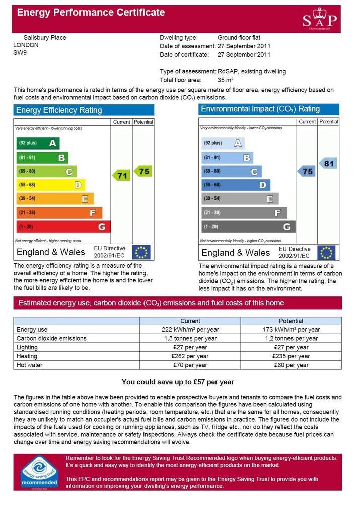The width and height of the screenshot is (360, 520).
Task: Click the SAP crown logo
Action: [320, 19]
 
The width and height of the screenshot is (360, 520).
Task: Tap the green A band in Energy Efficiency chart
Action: [38, 143]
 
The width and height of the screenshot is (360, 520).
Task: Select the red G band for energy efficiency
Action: [63, 227]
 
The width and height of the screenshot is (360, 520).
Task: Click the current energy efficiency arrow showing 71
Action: [121, 176]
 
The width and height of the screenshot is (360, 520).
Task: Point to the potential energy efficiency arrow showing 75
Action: [143, 172]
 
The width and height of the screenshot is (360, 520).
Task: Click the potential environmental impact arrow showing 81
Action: [328, 163]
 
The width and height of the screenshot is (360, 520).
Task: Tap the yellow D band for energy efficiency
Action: [51, 185]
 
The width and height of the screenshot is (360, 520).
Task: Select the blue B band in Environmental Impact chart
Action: [227, 157]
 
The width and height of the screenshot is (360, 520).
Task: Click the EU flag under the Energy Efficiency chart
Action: [141, 252]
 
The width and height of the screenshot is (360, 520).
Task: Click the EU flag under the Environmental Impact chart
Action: [326, 253]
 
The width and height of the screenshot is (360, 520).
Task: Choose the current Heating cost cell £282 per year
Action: [190, 356]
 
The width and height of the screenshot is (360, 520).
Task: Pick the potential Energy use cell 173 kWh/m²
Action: [292, 330]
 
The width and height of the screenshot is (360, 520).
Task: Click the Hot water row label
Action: [30, 365]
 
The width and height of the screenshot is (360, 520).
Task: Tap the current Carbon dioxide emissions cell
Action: [190, 338]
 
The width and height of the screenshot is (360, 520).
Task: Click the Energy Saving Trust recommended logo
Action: [39, 472]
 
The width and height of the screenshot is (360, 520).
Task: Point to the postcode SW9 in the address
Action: [20, 53]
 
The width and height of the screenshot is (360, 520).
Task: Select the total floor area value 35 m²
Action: [225, 80]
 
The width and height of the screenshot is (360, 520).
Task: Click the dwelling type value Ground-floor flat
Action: [239, 37]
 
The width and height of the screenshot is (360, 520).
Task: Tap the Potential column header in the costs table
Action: [291, 321]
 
